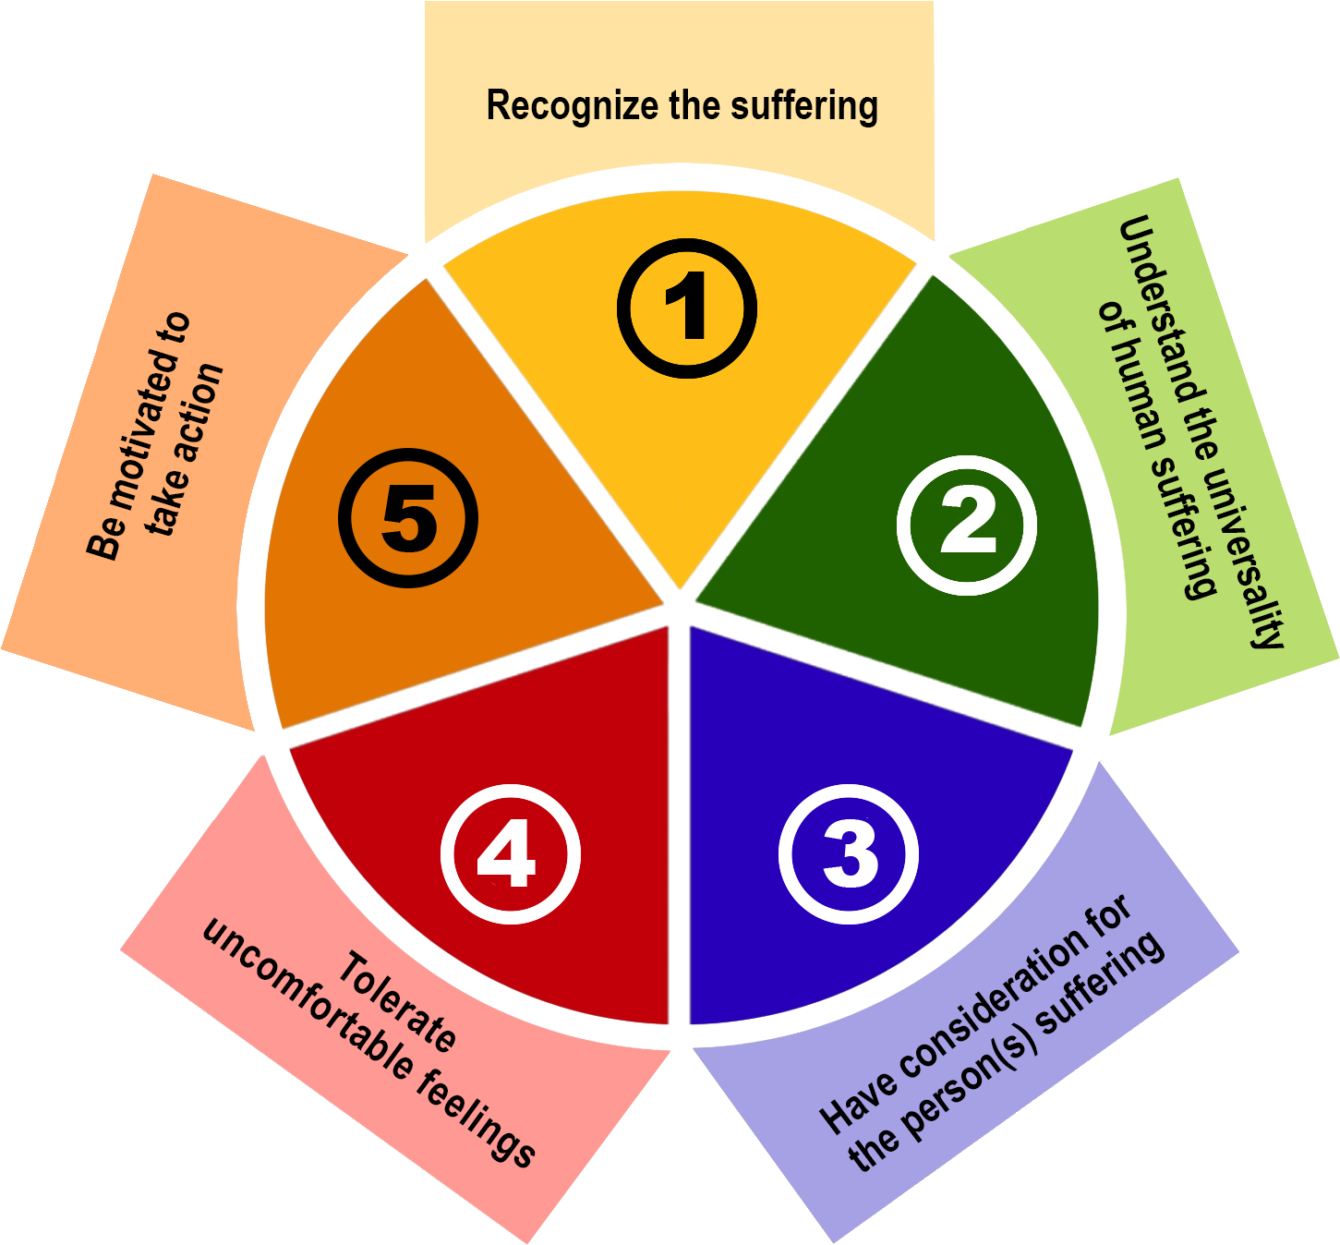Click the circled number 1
(x=687, y=308)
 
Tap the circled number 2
(x=967, y=525)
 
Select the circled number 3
(x=849, y=852)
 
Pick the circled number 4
(x=510, y=853)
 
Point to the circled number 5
(x=408, y=518)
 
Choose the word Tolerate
(x=397, y=1003)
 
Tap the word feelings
(x=477, y=1119)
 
